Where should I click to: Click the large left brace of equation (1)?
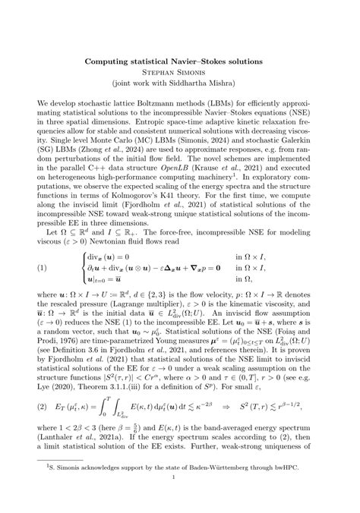(98, 267)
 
